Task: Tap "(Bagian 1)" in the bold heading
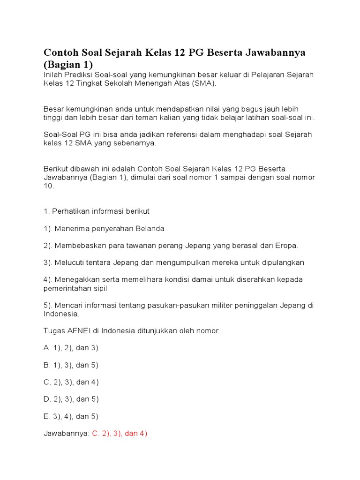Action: [68, 64]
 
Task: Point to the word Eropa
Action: [287, 245]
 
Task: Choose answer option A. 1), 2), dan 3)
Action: [71, 348]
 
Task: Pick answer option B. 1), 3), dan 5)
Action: [71, 365]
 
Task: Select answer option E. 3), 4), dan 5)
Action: [71, 416]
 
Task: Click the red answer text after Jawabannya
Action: [120, 434]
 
